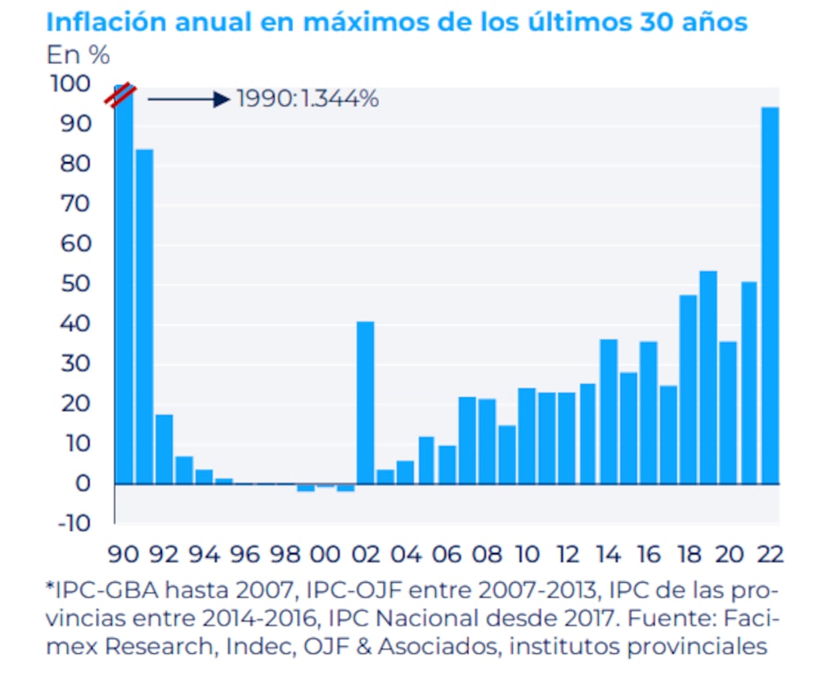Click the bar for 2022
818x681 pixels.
tap(770, 294)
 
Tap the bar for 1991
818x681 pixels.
tap(144, 316)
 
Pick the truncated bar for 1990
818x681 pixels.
tap(124, 286)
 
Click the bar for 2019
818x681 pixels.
tap(708, 377)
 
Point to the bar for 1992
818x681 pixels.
tap(164, 449)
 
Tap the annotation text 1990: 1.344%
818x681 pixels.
tap(308, 99)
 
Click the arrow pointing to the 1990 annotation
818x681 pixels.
tap(188, 99)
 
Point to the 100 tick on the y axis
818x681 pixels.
tap(68, 84)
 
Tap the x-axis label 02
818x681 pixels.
tap(365, 553)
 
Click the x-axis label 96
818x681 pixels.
tap(244, 553)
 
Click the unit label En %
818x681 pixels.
tap(78, 56)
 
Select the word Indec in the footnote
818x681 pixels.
tap(243, 647)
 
